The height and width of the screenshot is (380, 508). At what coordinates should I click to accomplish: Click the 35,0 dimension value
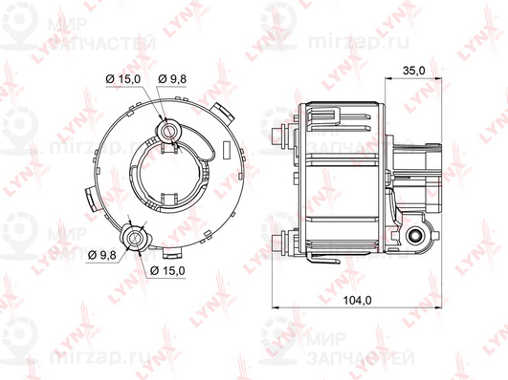[x=414, y=71]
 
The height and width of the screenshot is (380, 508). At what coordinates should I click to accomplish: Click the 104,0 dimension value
[x=358, y=301]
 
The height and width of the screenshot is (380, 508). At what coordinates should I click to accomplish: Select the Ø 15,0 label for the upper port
[x=123, y=79]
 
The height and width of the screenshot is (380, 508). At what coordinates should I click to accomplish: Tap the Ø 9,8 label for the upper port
[x=172, y=79]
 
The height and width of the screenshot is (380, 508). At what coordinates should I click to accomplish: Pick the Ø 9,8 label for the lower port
[x=102, y=256]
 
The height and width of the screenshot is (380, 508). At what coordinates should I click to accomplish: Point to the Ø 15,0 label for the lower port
[x=167, y=270]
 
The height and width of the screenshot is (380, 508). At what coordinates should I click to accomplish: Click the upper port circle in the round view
[x=168, y=131]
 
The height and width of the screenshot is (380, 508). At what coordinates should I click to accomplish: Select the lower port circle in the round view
[x=134, y=239]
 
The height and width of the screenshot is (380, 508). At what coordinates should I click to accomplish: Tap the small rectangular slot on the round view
[x=227, y=150]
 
